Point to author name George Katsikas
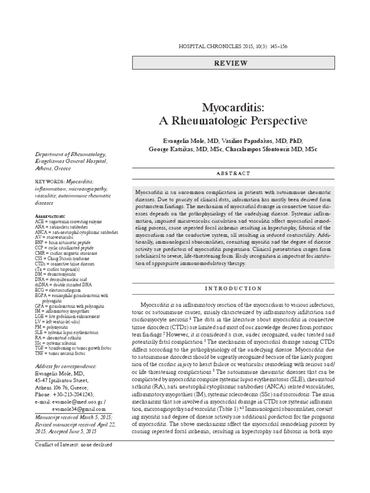(168, 150)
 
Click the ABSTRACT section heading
(234, 173)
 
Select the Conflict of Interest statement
(74, 444)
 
